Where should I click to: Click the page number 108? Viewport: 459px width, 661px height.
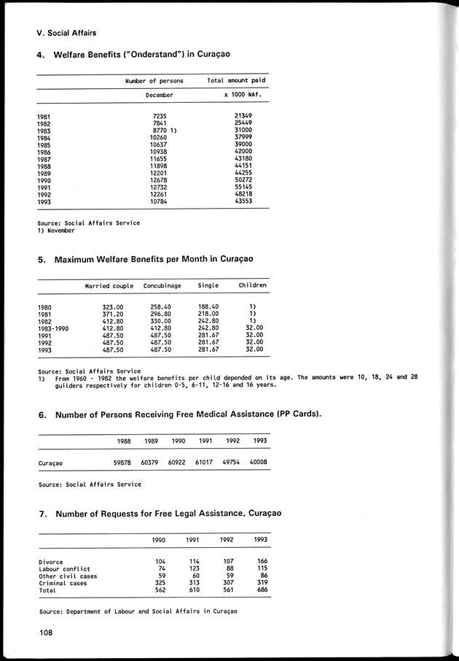(x=46, y=633)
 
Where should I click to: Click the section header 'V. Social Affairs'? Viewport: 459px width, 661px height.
(x=66, y=33)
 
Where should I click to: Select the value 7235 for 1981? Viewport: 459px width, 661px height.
(x=160, y=116)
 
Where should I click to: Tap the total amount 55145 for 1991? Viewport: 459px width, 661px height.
(x=243, y=187)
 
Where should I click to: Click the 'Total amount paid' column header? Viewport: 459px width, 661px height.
(x=236, y=81)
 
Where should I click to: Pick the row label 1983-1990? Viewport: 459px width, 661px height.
(x=53, y=328)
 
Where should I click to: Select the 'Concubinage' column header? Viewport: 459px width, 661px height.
(x=162, y=285)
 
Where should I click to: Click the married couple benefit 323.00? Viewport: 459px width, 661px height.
(x=113, y=307)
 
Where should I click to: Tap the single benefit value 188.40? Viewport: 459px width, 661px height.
(x=209, y=307)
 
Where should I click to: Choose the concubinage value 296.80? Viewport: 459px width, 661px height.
(x=162, y=314)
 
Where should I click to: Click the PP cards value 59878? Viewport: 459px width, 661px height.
(x=123, y=463)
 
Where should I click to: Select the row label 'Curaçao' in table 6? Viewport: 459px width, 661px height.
(x=51, y=463)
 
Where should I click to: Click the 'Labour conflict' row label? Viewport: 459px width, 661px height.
(x=64, y=568)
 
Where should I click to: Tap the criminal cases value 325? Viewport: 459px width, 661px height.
(x=160, y=583)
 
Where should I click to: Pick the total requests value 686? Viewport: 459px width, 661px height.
(x=262, y=590)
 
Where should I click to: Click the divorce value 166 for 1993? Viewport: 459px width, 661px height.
(x=262, y=561)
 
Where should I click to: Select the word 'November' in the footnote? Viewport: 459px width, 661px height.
(x=60, y=230)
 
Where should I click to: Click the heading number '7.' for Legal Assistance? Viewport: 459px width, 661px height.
(x=42, y=514)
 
